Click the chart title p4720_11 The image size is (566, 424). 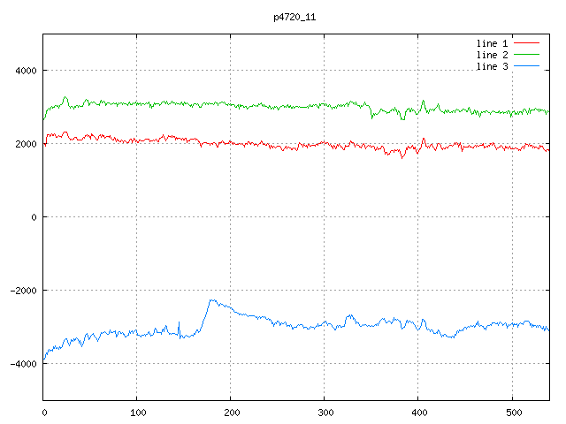point(294,17)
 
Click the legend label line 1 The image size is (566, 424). point(493,42)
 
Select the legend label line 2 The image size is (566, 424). point(493,55)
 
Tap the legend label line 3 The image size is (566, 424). point(493,67)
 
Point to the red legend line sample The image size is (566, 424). point(527,42)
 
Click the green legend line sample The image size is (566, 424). point(527,55)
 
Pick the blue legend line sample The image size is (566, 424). point(527,67)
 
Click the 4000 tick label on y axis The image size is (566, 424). point(24,71)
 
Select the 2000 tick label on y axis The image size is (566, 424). point(24,144)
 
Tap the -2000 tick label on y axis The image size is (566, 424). point(21,291)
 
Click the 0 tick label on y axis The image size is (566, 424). point(34,217)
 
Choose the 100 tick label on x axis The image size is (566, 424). point(137,412)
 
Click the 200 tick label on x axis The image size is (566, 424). point(231,412)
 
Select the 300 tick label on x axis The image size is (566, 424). point(325,412)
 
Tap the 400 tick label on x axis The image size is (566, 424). point(418,412)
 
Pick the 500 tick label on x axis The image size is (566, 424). point(512,412)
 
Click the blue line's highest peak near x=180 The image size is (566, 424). point(211,300)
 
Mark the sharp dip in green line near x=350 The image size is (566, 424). point(371,117)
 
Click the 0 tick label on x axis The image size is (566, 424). point(44,412)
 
